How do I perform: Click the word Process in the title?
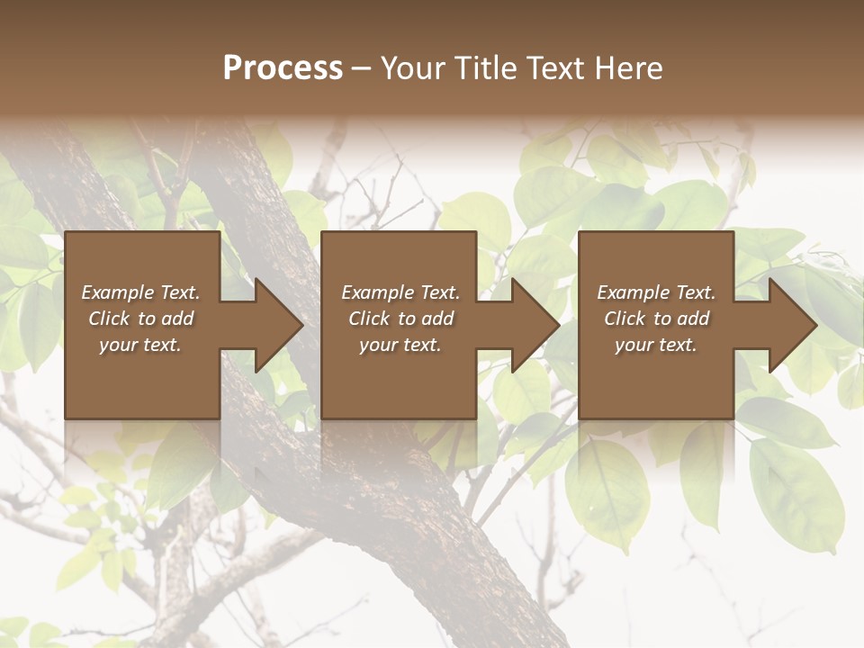[283, 68]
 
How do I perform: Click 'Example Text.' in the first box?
[140, 292]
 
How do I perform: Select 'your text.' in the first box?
[140, 345]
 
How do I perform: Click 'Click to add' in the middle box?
[400, 319]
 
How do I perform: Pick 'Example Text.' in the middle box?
[400, 292]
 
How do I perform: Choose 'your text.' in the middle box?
[400, 345]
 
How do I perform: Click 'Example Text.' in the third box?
[656, 292]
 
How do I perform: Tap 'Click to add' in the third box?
[656, 319]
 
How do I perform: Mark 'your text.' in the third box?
[656, 345]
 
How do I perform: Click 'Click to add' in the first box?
[140, 319]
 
